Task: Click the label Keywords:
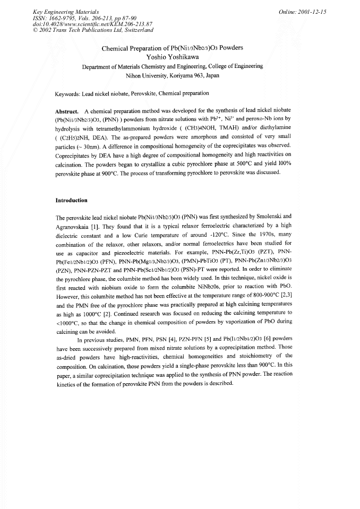[x=67, y=94]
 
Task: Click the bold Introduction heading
[x=71, y=201]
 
